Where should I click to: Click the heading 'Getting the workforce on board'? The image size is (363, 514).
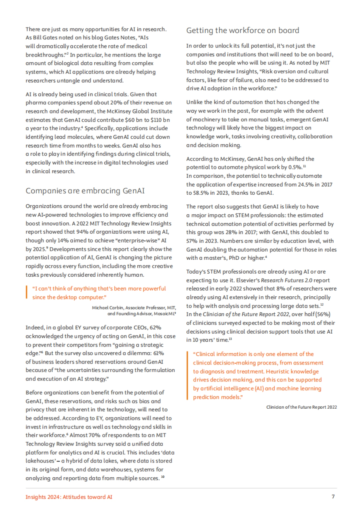[243, 31]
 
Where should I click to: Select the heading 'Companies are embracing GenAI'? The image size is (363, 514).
[85, 191]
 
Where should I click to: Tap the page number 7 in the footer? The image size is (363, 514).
[333, 496]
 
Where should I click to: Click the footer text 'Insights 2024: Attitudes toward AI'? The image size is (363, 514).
[69, 497]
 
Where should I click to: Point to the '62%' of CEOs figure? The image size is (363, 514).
[155, 328]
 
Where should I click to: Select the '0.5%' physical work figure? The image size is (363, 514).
[294, 167]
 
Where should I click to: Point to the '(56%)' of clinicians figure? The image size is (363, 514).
[323, 314]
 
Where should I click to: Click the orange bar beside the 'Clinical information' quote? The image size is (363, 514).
[188, 376]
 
